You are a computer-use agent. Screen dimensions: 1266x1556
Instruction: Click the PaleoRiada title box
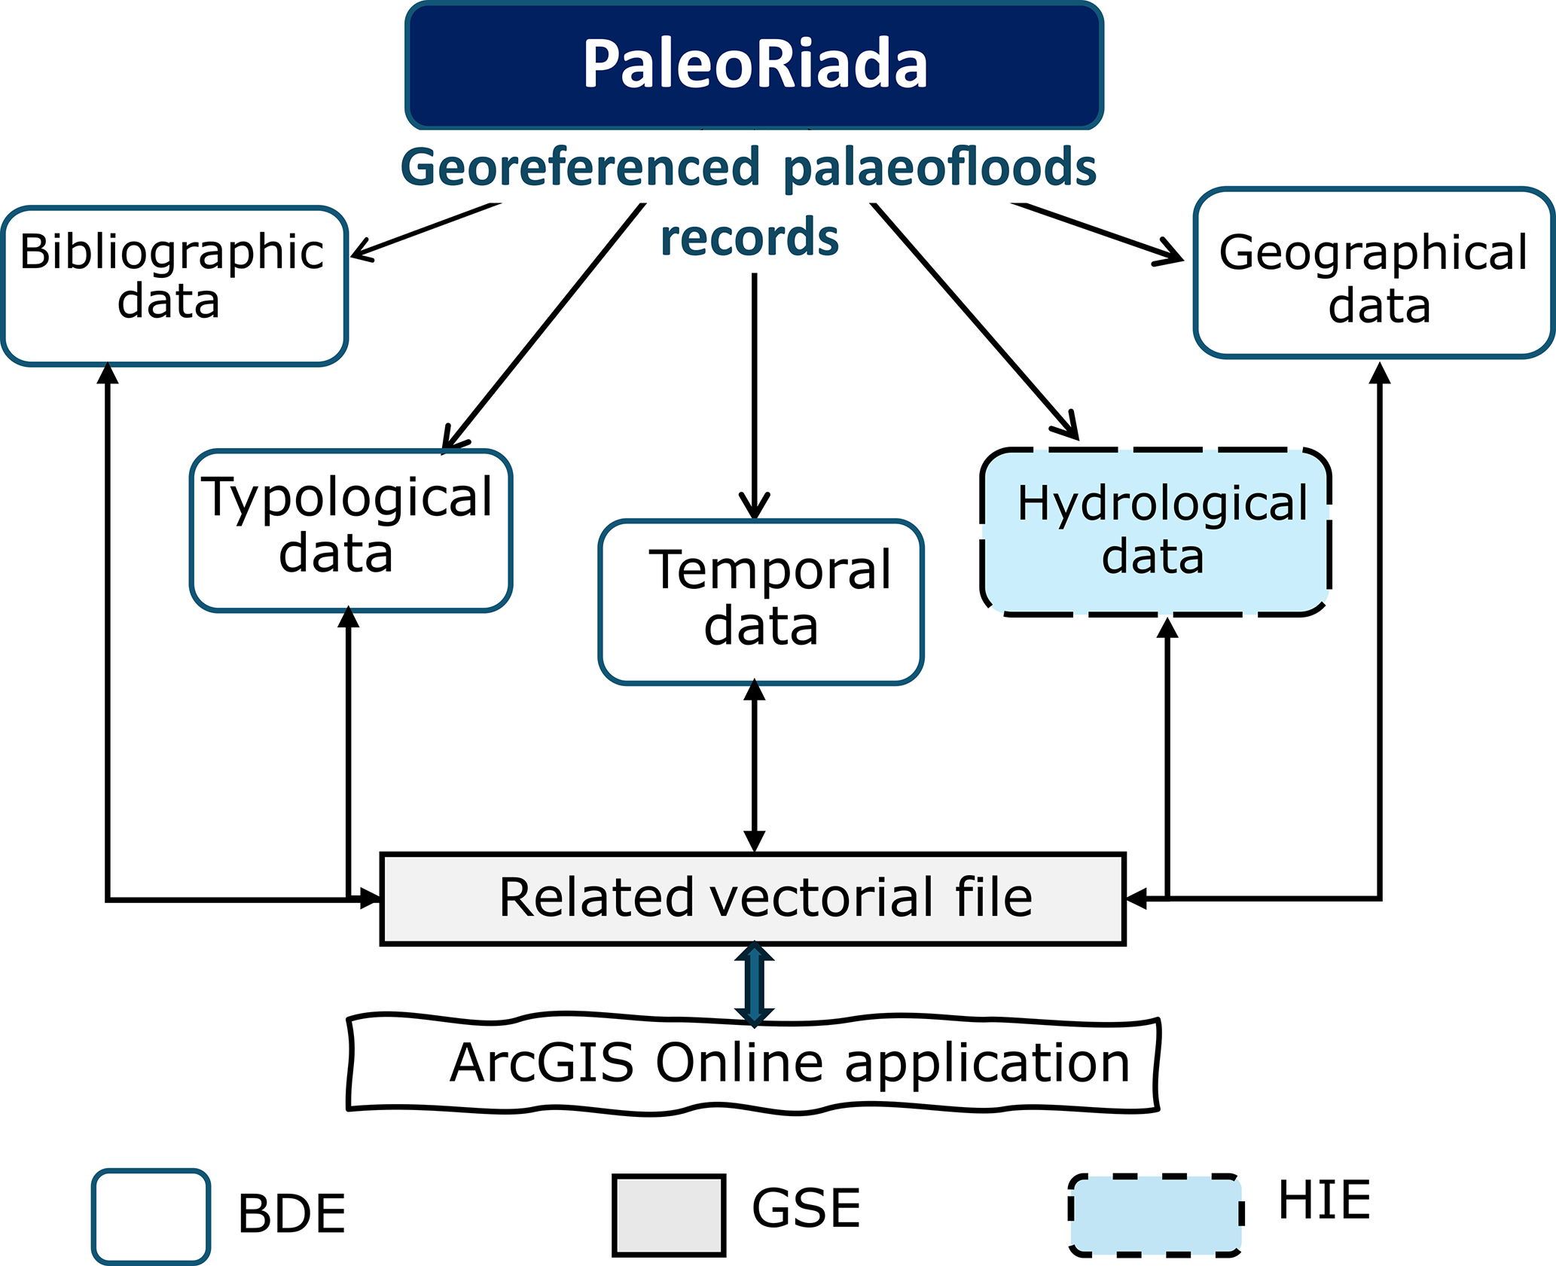point(755,66)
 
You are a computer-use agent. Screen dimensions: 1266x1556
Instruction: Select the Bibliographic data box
point(174,286)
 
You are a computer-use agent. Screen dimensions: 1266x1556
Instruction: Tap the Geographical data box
point(1374,273)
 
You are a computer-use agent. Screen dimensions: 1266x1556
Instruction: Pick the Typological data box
point(351,530)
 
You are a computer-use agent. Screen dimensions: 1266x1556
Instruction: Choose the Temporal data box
point(761,602)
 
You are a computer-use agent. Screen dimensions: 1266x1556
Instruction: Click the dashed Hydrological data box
point(1155,532)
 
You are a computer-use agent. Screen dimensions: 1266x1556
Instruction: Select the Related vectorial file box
point(753,898)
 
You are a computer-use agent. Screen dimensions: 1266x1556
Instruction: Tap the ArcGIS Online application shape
point(753,1064)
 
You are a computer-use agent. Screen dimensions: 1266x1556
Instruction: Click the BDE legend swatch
point(151,1216)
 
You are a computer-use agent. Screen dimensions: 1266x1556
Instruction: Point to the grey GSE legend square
point(669,1216)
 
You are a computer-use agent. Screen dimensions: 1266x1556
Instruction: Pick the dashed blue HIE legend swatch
point(1155,1215)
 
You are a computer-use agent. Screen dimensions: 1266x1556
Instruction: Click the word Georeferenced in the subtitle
point(580,167)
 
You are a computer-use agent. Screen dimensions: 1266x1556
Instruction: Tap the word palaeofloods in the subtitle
point(939,167)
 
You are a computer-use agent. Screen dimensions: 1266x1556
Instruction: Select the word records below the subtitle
point(749,237)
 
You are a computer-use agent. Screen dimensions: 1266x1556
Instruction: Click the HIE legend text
point(1324,1200)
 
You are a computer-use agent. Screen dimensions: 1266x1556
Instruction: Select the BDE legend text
point(291,1215)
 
